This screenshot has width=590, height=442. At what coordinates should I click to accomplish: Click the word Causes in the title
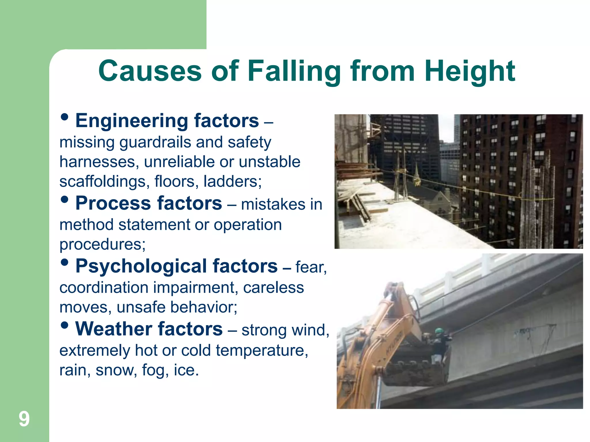point(150,71)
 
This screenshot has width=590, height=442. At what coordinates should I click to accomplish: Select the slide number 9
point(24,419)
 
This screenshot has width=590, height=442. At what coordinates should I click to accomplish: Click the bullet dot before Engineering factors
point(65,117)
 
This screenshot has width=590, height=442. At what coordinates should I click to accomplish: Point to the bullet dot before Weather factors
point(65,325)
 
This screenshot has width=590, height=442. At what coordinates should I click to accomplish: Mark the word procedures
point(103,245)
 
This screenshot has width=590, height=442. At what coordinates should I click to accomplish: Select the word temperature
point(262,350)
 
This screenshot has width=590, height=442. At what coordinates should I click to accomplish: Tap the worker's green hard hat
point(439,331)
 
